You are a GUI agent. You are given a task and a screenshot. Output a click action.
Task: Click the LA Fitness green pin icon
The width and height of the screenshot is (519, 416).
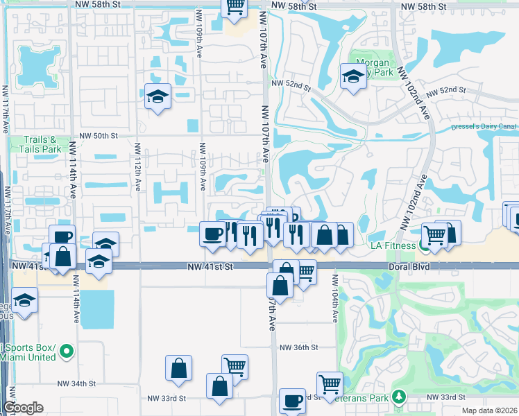(x=424, y=245)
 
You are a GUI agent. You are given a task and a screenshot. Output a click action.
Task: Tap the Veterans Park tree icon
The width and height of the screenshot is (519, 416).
(x=398, y=397)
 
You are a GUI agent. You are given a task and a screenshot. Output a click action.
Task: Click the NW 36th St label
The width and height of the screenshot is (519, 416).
(x=298, y=347)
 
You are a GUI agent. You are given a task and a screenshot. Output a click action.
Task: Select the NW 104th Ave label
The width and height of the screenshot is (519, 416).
(x=335, y=298)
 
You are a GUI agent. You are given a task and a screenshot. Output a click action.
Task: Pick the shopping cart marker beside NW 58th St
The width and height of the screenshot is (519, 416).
(x=235, y=7)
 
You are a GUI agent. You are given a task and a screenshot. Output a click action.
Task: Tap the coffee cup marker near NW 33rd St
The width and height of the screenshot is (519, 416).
(x=292, y=400)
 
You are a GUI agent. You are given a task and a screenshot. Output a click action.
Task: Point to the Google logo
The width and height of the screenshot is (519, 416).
(x=23, y=408)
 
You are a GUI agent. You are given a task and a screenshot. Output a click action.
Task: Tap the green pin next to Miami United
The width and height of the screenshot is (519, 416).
(x=67, y=352)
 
